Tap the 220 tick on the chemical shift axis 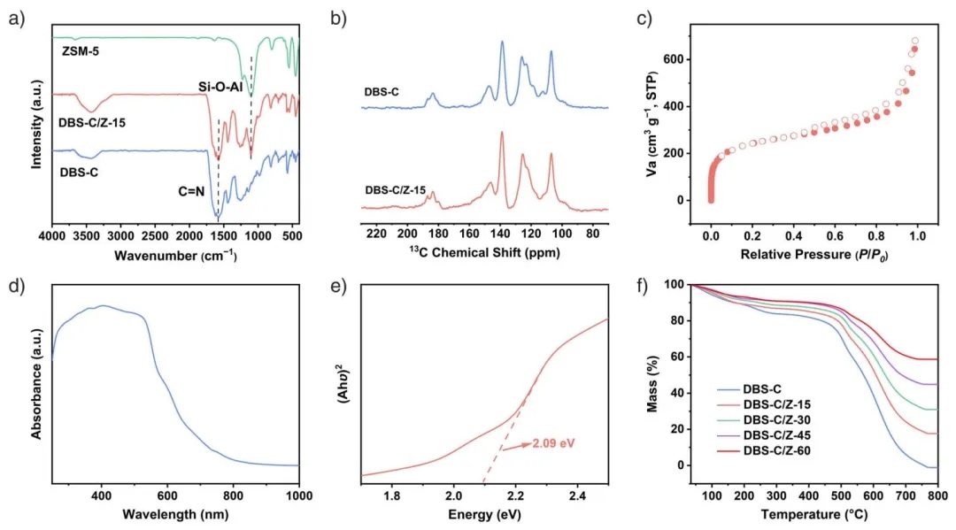point(377,234)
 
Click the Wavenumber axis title point(175,255)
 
